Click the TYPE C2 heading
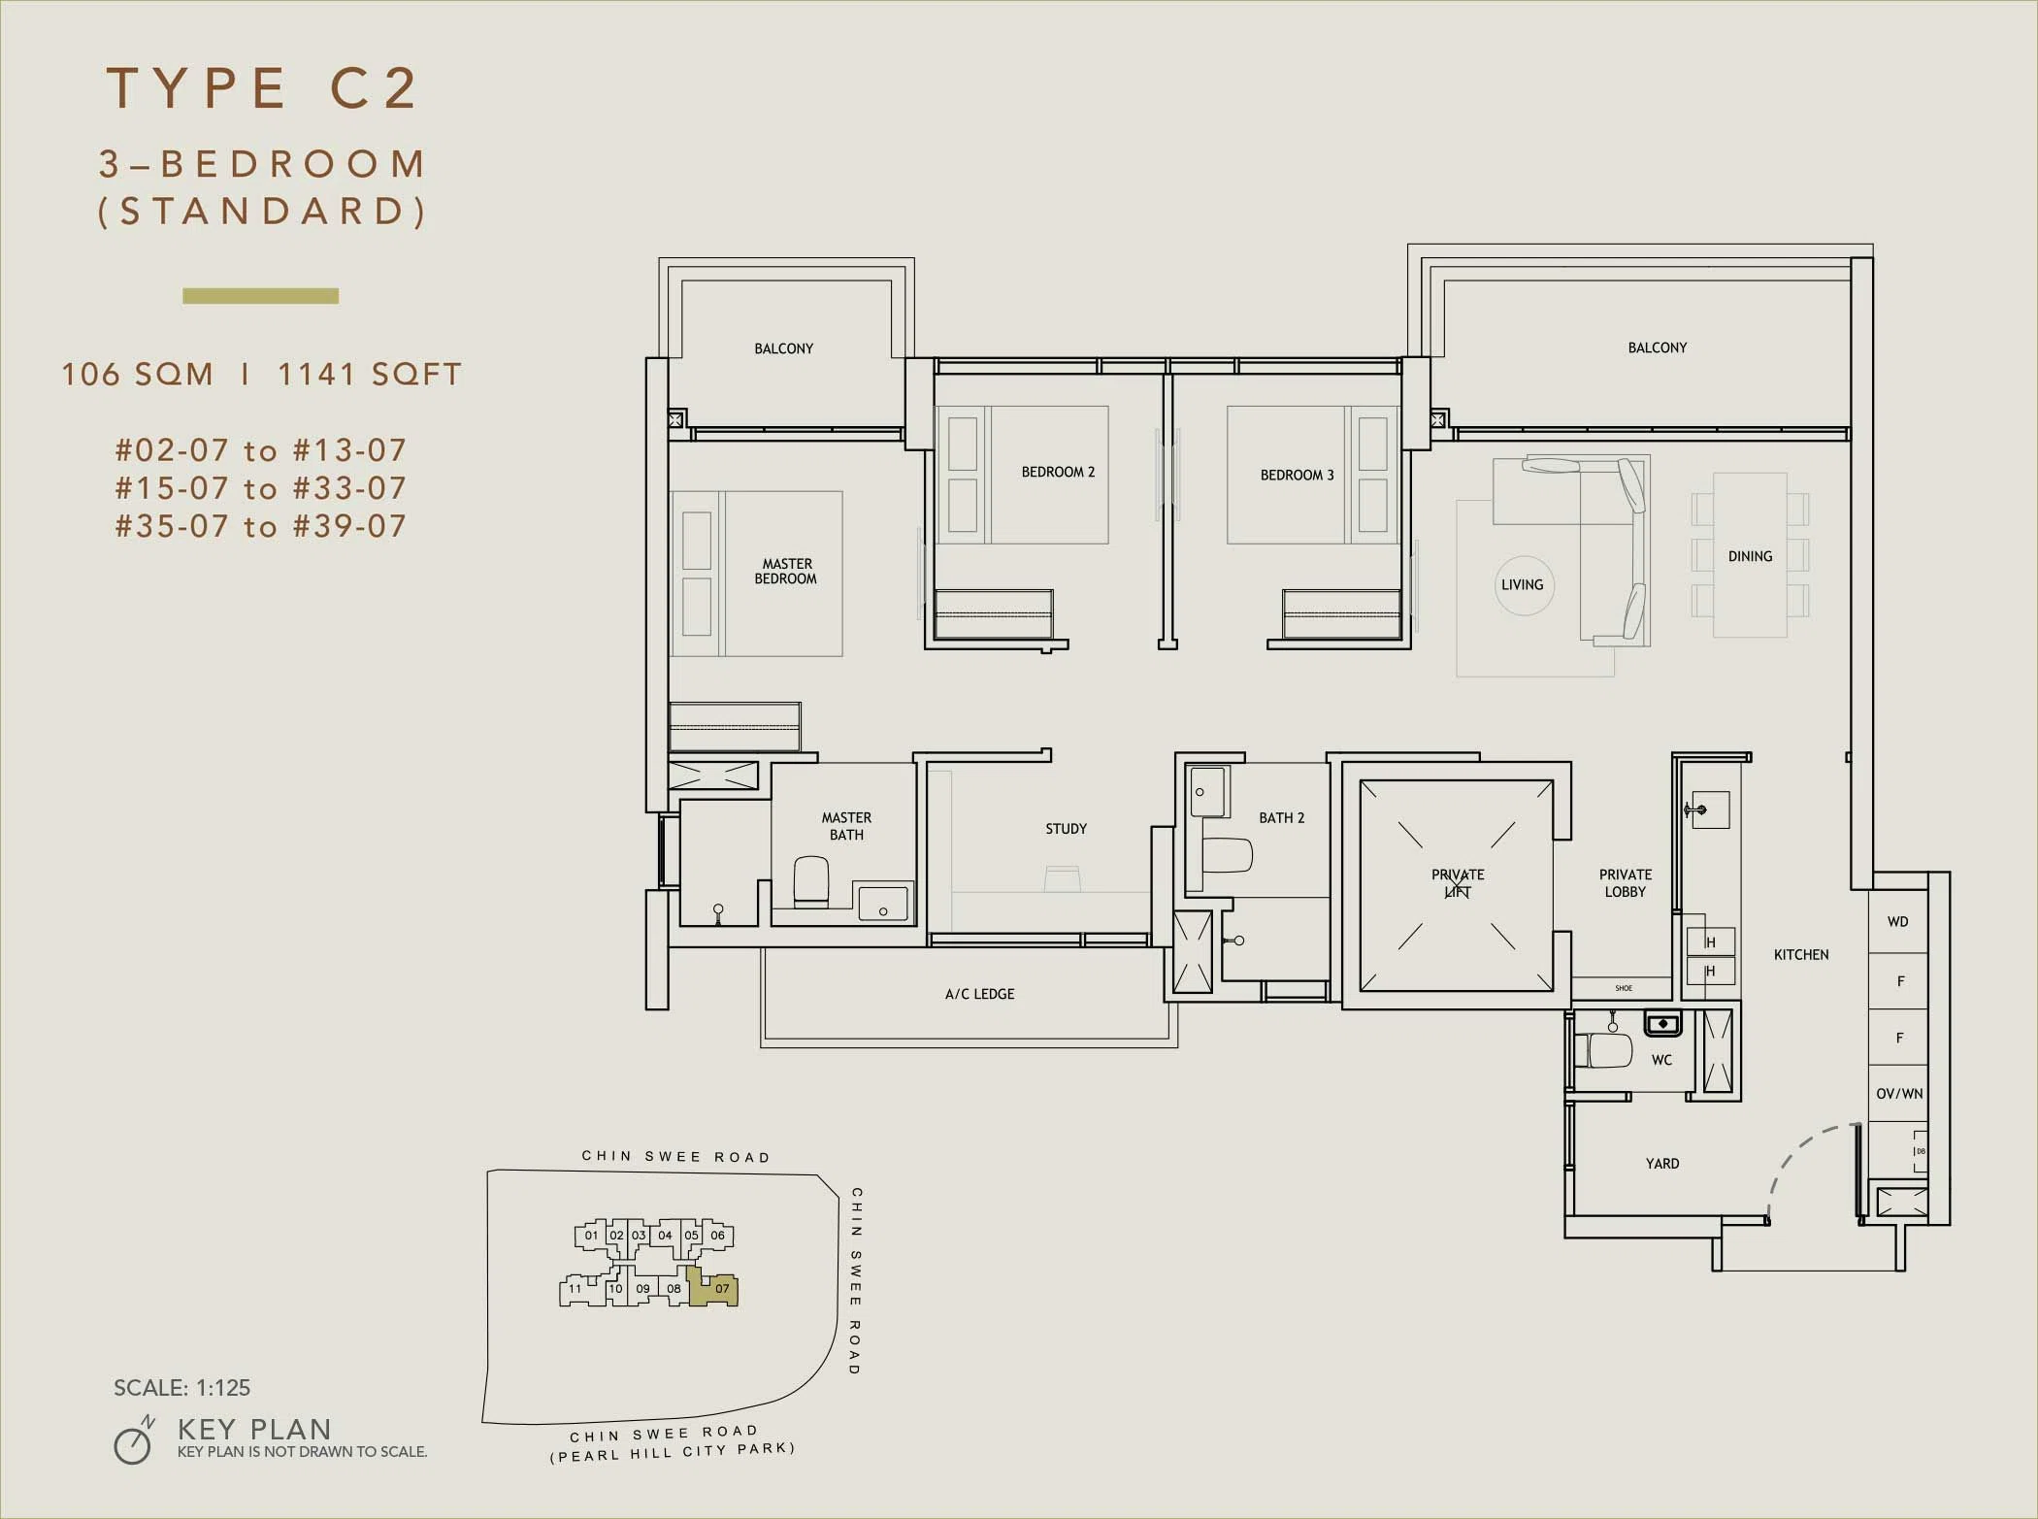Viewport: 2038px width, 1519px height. point(262,88)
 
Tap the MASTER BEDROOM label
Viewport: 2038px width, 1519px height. point(786,571)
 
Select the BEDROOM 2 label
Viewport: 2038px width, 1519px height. point(1058,472)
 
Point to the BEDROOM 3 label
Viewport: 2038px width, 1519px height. point(1297,475)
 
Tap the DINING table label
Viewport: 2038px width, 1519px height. point(1750,556)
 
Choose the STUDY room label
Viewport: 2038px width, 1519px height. point(1066,829)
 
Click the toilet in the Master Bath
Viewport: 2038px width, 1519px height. point(811,881)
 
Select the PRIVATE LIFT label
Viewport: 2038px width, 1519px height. point(1458,883)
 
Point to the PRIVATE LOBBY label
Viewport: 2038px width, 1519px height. point(1626,883)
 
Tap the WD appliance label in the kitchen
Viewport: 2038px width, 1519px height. point(1897,921)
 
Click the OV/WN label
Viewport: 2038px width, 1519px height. point(1899,1094)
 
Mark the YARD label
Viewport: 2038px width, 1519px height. point(1662,1163)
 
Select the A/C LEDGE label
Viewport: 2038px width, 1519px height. point(979,994)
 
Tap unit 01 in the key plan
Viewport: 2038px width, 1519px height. point(590,1236)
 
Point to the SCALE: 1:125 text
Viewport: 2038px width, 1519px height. point(181,1388)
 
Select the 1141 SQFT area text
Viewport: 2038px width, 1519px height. point(370,375)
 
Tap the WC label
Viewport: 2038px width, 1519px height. point(1661,1060)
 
